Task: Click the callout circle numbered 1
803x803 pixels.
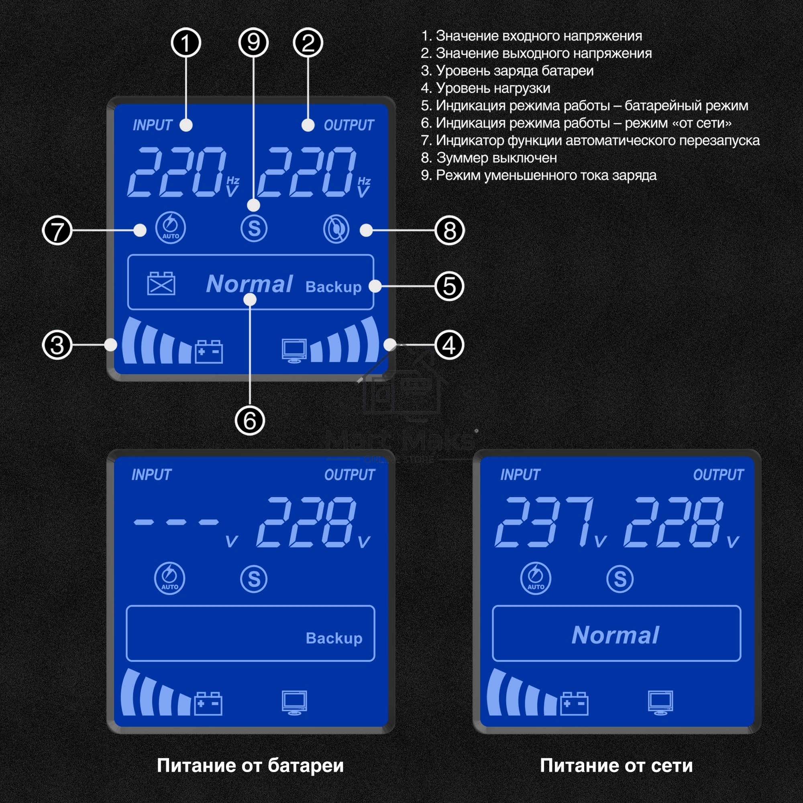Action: pyautogui.click(x=186, y=43)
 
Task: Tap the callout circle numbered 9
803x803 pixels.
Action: pyautogui.click(x=253, y=43)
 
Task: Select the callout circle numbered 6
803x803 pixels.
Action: pyautogui.click(x=250, y=420)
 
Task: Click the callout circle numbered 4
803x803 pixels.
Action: pyautogui.click(x=449, y=345)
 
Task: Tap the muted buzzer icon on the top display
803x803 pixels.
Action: pyautogui.click(x=336, y=229)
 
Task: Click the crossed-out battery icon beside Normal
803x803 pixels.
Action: pyautogui.click(x=161, y=283)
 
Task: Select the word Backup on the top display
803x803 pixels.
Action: pyautogui.click(x=333, y=287)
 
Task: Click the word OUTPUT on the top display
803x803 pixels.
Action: pyautogui.click(x=349, y=125)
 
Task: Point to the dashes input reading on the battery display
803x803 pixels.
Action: pyautogui.click(x=176, y=522)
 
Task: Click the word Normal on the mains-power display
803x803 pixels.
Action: pyautogui.click(x=615, y=635)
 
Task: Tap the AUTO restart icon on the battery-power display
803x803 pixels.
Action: pyautogui.click(x=169, y=578)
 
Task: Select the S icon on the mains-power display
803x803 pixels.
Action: pyautogui.click(x=620, y=579)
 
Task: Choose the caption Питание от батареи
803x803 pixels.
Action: pyautogui.click(x=250, y=765)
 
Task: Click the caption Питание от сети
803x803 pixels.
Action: pyautogui.click(x=616, y=765)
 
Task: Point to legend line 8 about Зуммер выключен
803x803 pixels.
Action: pyautogui.click(x=489, y=158)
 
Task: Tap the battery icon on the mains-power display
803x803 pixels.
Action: pyautogui.click(x=575, y=703)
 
